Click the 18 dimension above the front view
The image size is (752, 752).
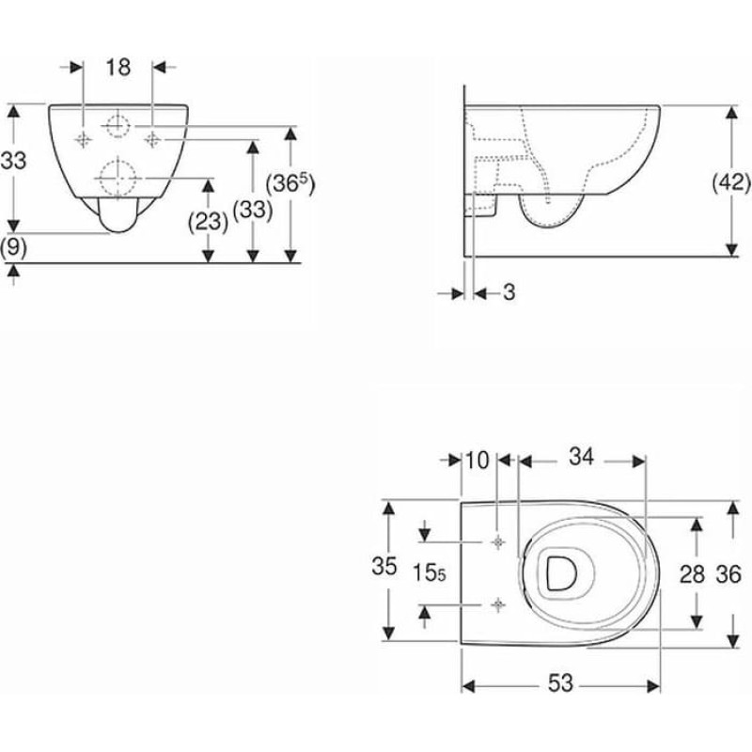(117, 67)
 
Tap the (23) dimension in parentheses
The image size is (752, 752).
(209, 222)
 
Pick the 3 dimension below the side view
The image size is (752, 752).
(509, 293)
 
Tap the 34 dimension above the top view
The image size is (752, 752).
(582, 458)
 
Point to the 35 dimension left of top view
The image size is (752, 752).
(380, 566)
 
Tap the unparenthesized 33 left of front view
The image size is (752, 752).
(13, 162)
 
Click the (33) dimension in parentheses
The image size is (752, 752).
(253, 212)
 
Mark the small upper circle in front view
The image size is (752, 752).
(117, 124)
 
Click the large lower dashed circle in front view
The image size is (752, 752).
(117, 176)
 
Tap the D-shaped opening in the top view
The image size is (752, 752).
(561, 572)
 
